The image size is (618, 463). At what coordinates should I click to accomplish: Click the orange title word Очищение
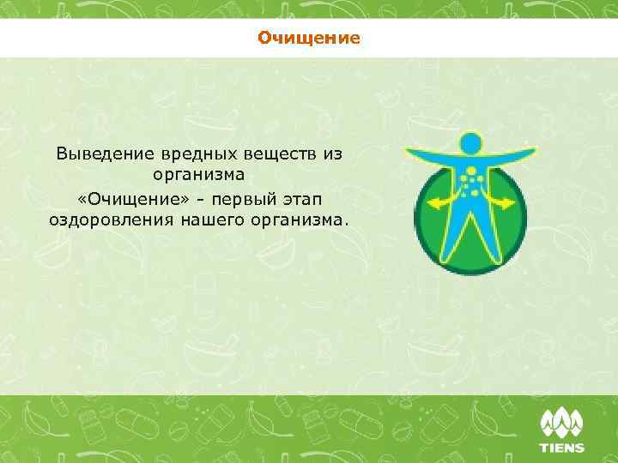pyautogui.click(x=308, y=39)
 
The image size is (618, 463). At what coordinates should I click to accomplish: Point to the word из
pyautogui.click(x=333, y=154)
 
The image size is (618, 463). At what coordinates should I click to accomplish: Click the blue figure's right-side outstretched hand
pyautogui.click(x=531, y=147)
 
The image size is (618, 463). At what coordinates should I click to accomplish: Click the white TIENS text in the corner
pyautogui.click(x=561, y=447)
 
